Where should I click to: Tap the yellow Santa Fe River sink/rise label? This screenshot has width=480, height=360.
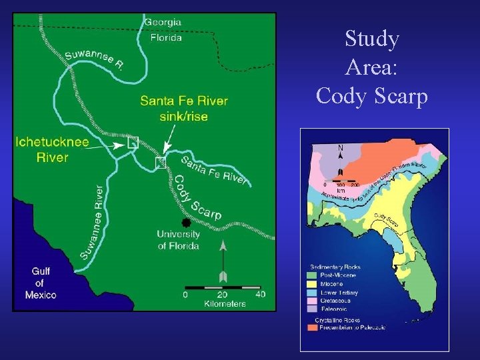(x=183, y=109)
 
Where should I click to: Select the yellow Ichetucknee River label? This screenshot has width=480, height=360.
(x=52, y=149)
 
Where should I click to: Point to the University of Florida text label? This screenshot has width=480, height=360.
(x=178, y=240)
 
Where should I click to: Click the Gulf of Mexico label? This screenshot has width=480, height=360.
(x=41, y=283)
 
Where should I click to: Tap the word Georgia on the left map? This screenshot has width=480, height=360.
(x=163, y=21)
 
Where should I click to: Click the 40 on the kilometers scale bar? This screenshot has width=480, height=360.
(x=260, y=294)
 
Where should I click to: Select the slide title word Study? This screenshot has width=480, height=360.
(x=372, y=40)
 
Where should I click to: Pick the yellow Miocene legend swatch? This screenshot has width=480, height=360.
(x=311, y=283)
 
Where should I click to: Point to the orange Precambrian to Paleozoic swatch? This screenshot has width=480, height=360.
(x=311, y=327)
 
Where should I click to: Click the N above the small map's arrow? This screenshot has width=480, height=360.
(x=341, y=147)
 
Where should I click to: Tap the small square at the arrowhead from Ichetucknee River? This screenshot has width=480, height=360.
(x=132, y=142)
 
